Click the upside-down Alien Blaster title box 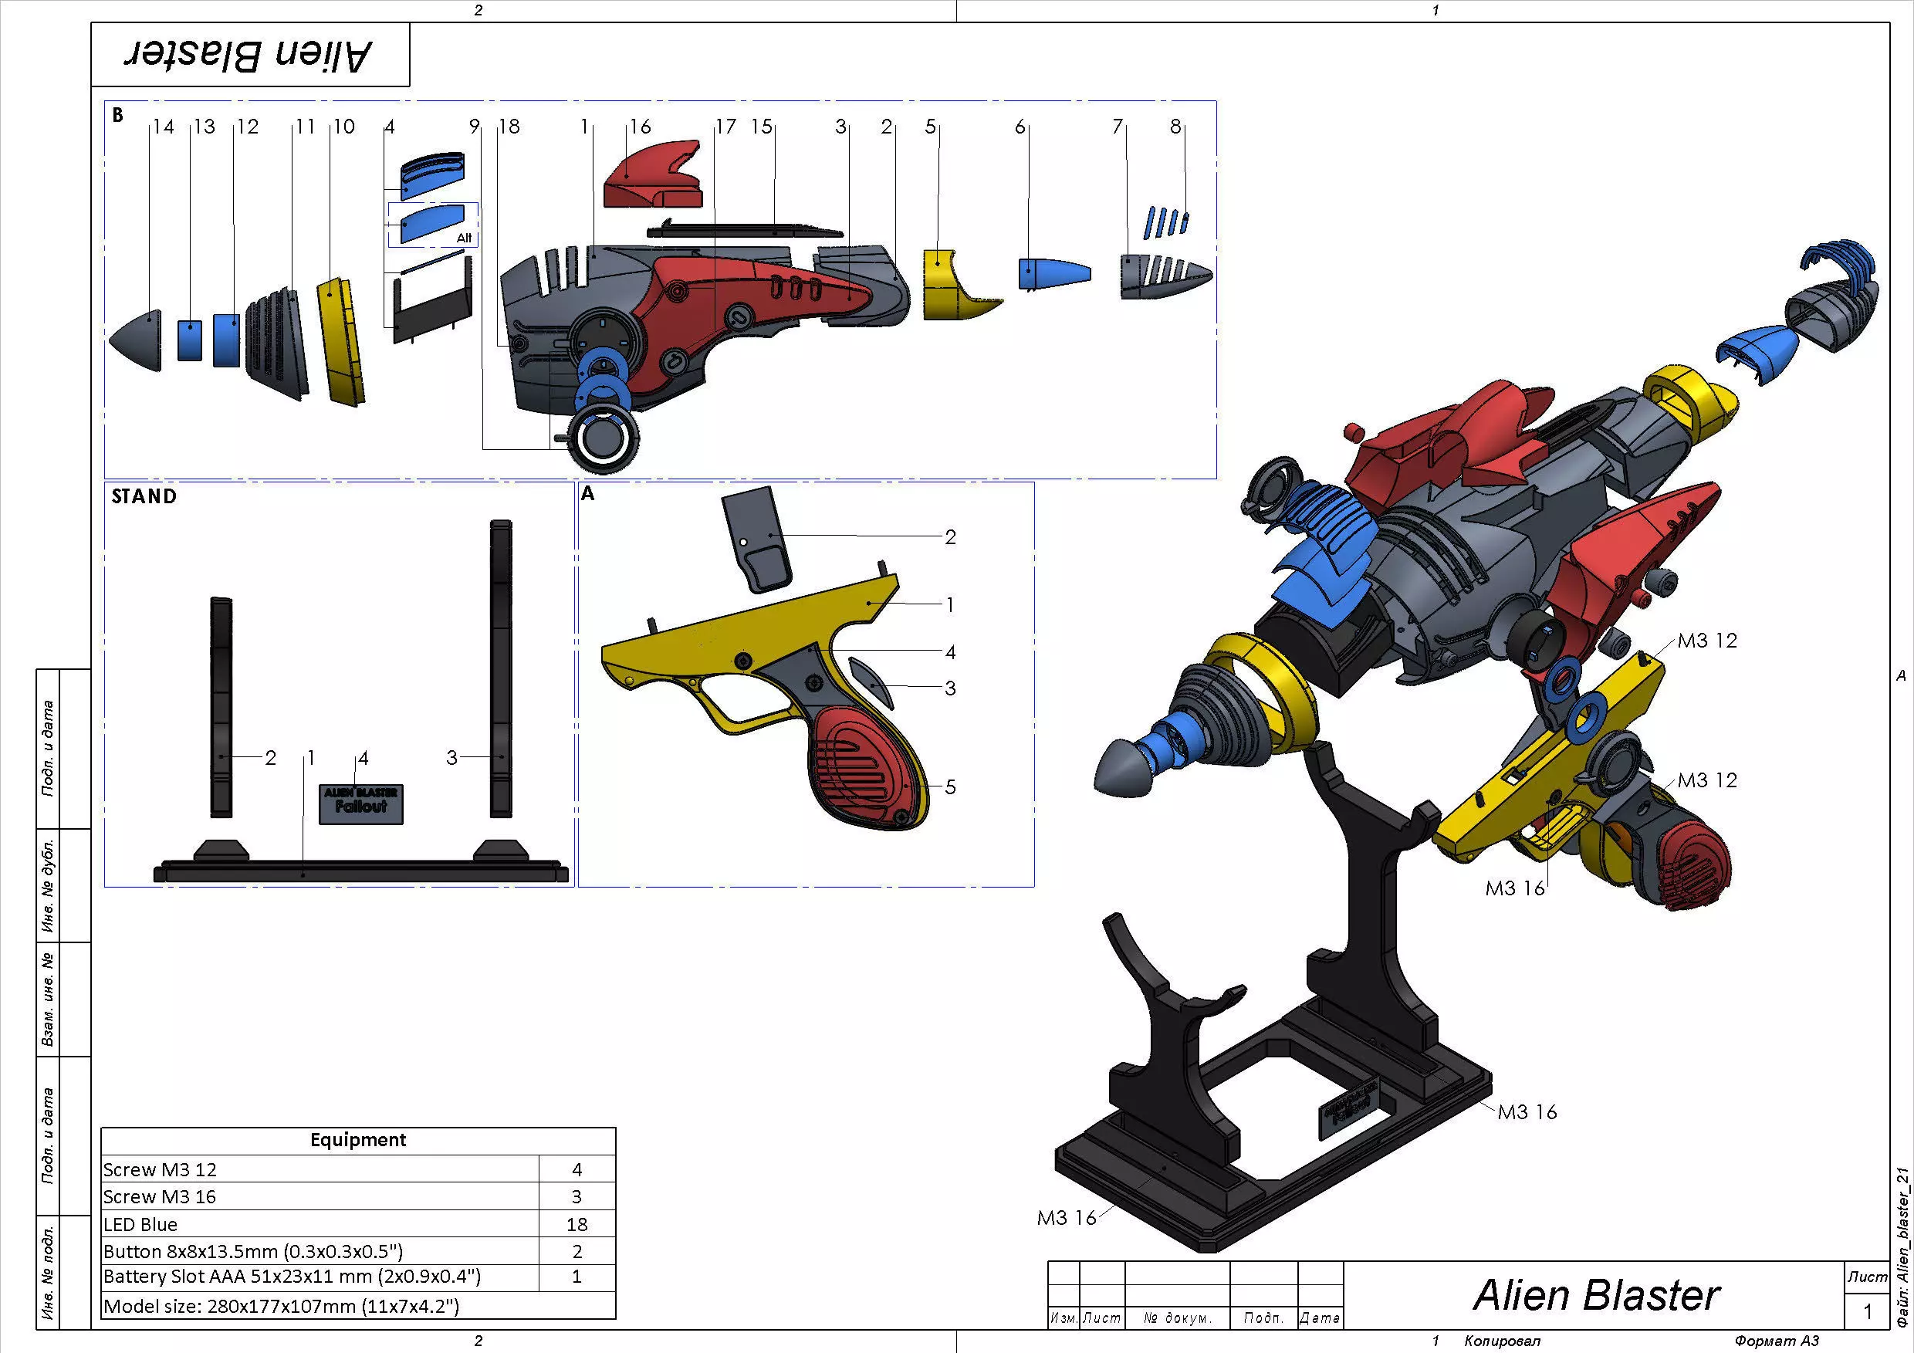coord(249,55)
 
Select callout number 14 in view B coord(164,127)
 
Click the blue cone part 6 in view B coord(1052,273)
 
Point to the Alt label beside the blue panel coord(465,238)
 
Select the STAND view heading coord(144,497)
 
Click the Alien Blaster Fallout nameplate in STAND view coord(361,803)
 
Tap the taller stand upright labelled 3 coord(500,667)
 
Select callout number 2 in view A coord(949,538)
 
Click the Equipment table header coord(357,1139)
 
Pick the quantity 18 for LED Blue coord(576,1224)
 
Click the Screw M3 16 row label coord(159,1196)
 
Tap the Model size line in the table coord(281,1305)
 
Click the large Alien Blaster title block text coord(1595,1294)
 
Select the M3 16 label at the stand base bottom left coord(1066,1218)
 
